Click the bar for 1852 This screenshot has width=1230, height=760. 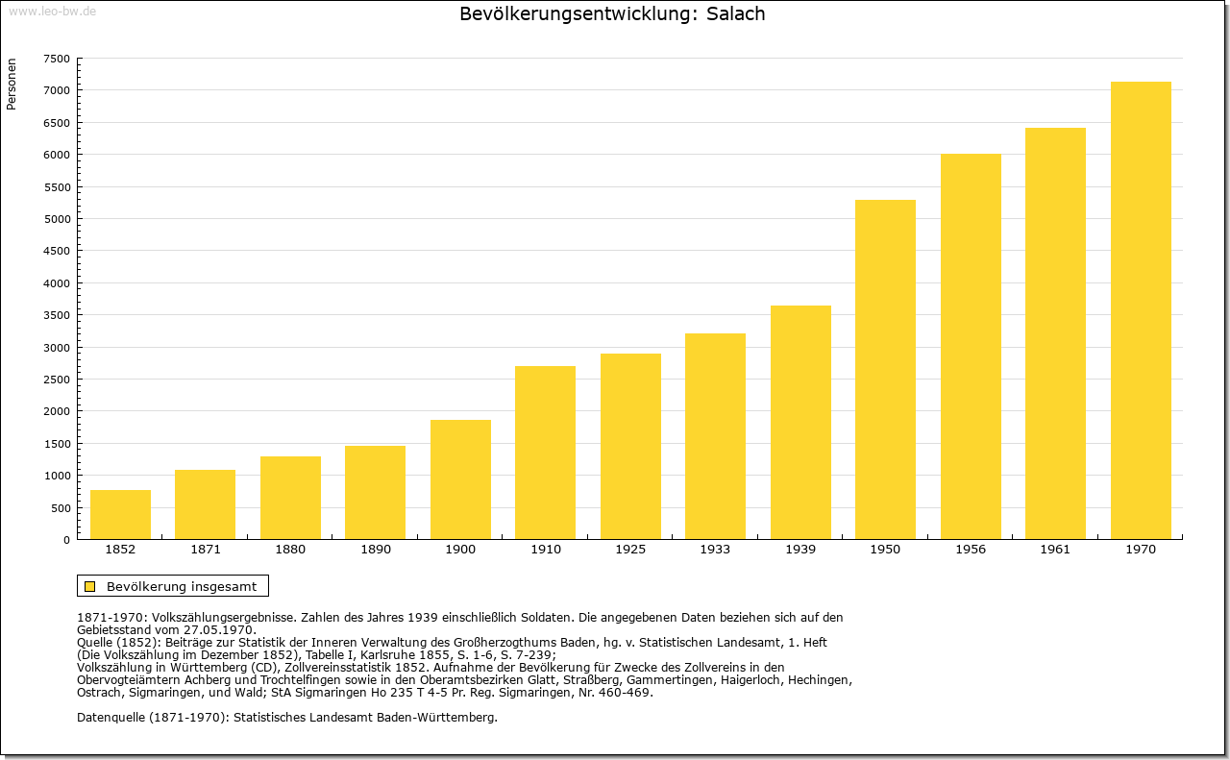120,515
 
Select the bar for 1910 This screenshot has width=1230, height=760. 545,453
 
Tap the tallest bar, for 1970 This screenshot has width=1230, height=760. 1141,310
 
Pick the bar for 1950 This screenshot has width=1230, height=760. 885,370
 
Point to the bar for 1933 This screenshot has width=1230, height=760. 715,436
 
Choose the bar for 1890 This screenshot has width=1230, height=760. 375,493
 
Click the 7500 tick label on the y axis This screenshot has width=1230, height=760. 57,59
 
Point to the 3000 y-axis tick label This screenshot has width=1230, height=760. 57,348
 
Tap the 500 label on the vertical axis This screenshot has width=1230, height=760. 61,508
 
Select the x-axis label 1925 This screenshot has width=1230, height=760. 630,550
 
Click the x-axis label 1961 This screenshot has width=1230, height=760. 1055,550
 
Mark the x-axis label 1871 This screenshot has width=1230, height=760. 206,550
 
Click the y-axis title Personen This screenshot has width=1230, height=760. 12,84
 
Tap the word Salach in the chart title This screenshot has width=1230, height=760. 735,14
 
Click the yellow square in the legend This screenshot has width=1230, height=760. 90,586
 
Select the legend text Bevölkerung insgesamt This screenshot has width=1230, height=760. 182,586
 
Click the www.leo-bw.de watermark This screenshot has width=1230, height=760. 52,11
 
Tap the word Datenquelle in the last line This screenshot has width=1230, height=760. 111,718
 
